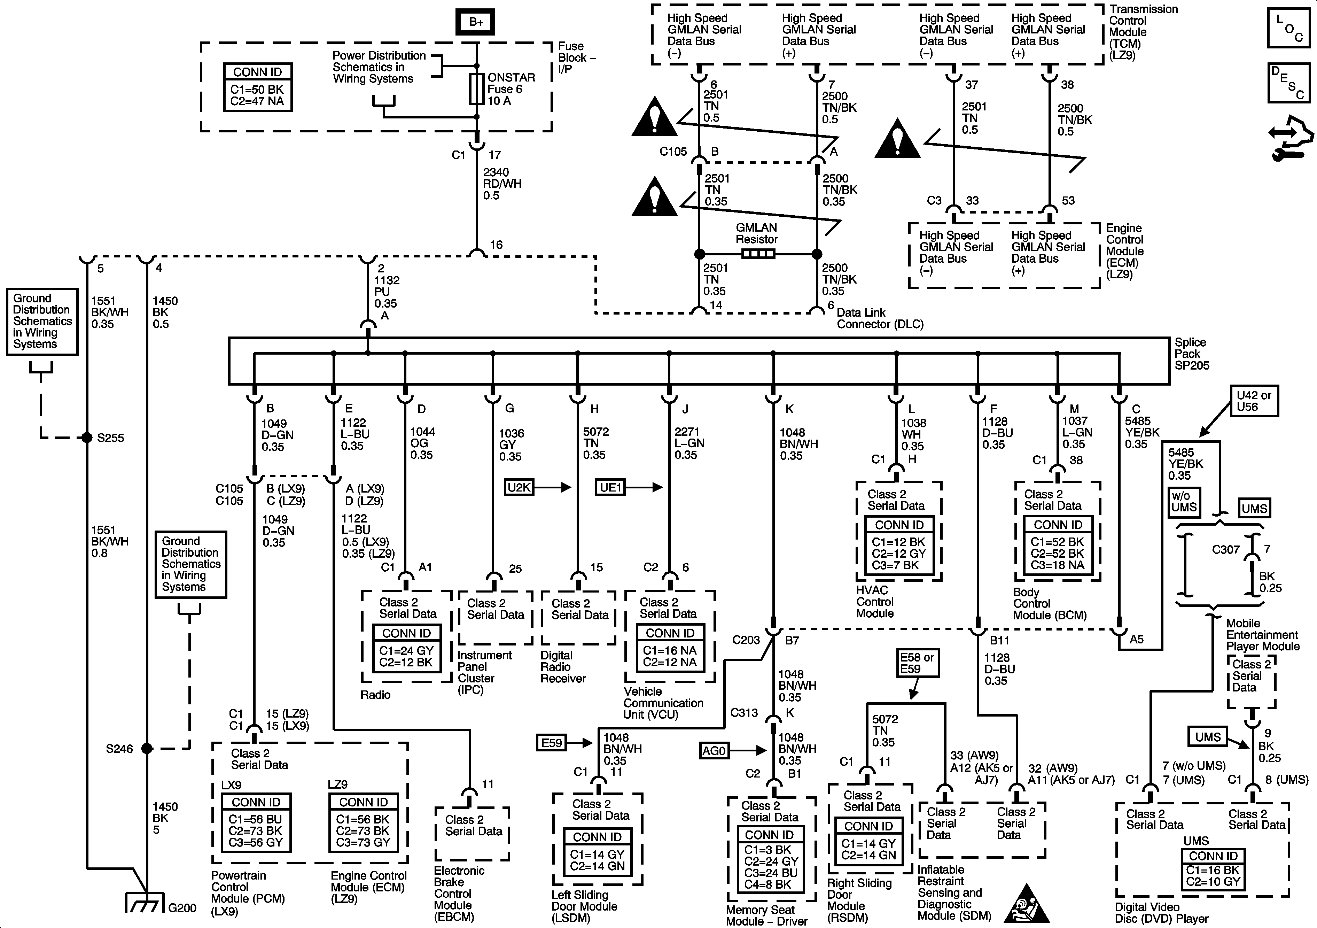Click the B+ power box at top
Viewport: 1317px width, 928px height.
point(476,22)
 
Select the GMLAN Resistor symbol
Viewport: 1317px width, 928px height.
point(758,254)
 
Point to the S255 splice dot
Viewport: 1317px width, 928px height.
point(87,438)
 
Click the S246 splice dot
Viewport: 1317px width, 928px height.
point(147,748)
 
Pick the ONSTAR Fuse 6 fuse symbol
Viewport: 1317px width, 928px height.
point(476,89)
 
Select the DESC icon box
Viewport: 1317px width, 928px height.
point(1288,83)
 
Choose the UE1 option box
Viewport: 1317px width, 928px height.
point(610,487)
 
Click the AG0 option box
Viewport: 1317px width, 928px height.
point(714,750)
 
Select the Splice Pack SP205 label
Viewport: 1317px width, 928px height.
point(1191,354)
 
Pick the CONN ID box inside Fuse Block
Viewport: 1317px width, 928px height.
point(258,87)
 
